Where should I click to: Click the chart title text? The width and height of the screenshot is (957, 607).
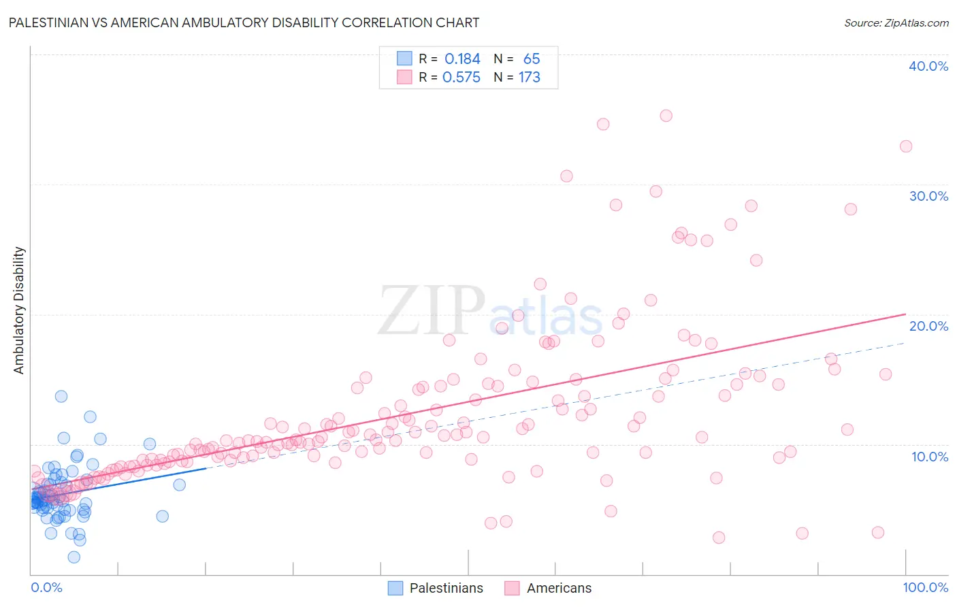(244, 22)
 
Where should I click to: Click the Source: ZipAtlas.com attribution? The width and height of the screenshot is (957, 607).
(896, 22)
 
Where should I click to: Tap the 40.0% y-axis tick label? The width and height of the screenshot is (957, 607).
(928, 66)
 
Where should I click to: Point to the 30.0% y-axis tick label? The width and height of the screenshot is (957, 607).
(928, 196)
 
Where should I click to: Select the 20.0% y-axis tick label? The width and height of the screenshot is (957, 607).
(928, 326)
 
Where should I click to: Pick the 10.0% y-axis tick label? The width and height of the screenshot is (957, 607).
(928, 456)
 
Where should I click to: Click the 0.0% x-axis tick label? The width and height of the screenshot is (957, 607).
(46, 587)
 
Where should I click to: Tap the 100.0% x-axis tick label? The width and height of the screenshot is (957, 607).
(925, 587)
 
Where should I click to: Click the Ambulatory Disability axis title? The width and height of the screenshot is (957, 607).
(19, 310)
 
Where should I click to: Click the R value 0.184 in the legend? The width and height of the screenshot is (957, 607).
(462, 59)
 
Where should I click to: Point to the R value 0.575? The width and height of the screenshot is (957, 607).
(461, 78)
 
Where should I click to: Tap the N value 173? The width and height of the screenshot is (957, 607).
(530, 78)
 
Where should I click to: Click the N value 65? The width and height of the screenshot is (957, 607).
(532, 59)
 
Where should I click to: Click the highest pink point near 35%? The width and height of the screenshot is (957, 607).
(666, 116)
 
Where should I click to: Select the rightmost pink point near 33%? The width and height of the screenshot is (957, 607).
(905, 146)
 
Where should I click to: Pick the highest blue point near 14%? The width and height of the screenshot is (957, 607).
(61, 396)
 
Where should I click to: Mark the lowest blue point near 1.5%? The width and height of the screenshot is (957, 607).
(74, 557)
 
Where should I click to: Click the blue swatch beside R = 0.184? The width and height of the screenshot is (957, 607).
(404, 59)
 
